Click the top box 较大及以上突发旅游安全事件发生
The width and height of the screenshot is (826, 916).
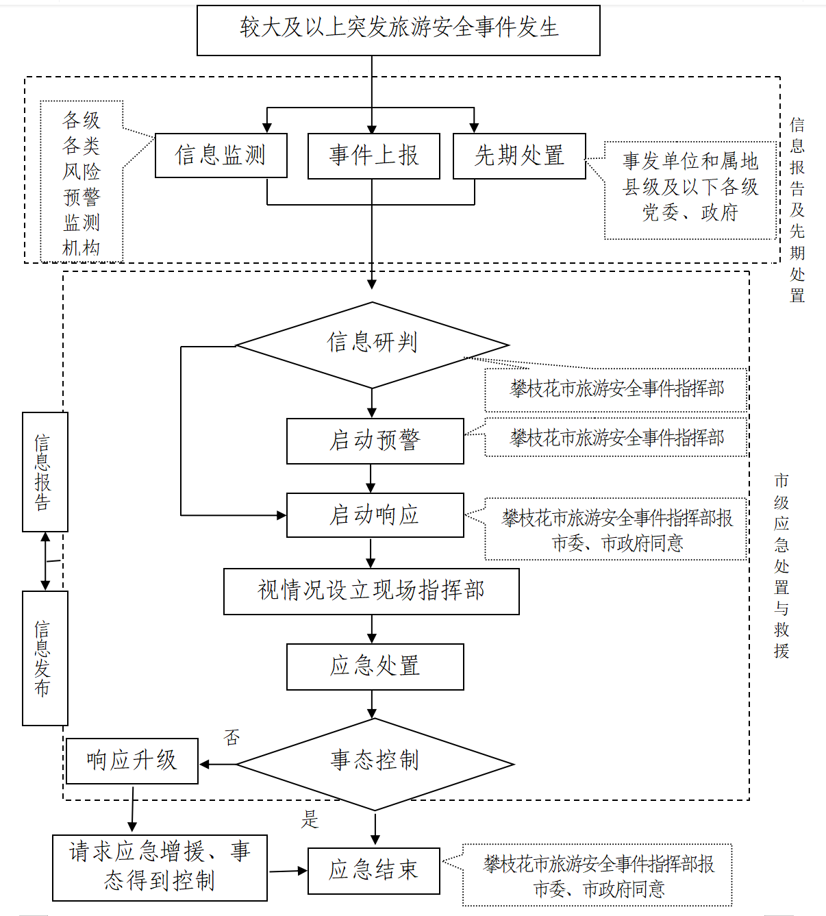pos(399,30)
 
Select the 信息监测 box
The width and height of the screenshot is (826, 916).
pos(221,156)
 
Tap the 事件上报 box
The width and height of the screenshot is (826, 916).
pos(373,156)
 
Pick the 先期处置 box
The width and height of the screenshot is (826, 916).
pos(519,156)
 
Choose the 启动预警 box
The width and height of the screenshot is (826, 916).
pos(375,441)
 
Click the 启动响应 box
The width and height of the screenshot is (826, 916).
pos(375,515)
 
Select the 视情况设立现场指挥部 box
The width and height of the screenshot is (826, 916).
pos(371,591)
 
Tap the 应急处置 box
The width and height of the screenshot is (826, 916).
pos(375,667)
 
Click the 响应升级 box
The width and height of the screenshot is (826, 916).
pos(132,761)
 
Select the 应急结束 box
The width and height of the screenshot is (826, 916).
pos(373,871)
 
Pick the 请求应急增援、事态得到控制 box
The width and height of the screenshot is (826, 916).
pos(160,867)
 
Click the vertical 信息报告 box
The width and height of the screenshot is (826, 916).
pos(45,472)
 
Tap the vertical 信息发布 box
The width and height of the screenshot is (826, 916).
pos(45,658)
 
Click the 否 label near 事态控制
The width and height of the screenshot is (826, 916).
pos(232,738)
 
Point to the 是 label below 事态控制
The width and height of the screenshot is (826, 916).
pos(310,819)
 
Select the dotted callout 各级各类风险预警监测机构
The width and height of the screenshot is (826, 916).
pos(82,182)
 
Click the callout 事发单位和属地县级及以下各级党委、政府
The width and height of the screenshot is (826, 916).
pos(690,187)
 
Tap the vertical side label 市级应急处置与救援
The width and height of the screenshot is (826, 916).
pos(781,566)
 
